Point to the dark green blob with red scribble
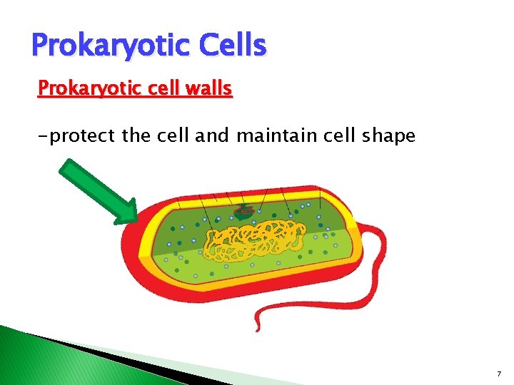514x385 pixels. click(244, 211)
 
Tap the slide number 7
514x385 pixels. click(498, 374)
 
